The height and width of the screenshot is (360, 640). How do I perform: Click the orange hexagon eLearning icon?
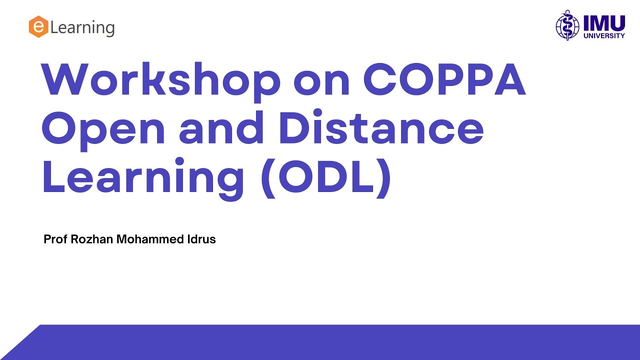(x=38, y=27)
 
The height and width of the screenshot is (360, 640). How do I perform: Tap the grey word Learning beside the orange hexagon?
(x=82, y=27)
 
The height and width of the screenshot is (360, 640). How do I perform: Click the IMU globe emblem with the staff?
(x=567, y=25)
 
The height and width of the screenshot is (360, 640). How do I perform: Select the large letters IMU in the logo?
(x=603, y=22)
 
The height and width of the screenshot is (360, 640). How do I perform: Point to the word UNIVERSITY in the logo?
(x=604, y=36)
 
